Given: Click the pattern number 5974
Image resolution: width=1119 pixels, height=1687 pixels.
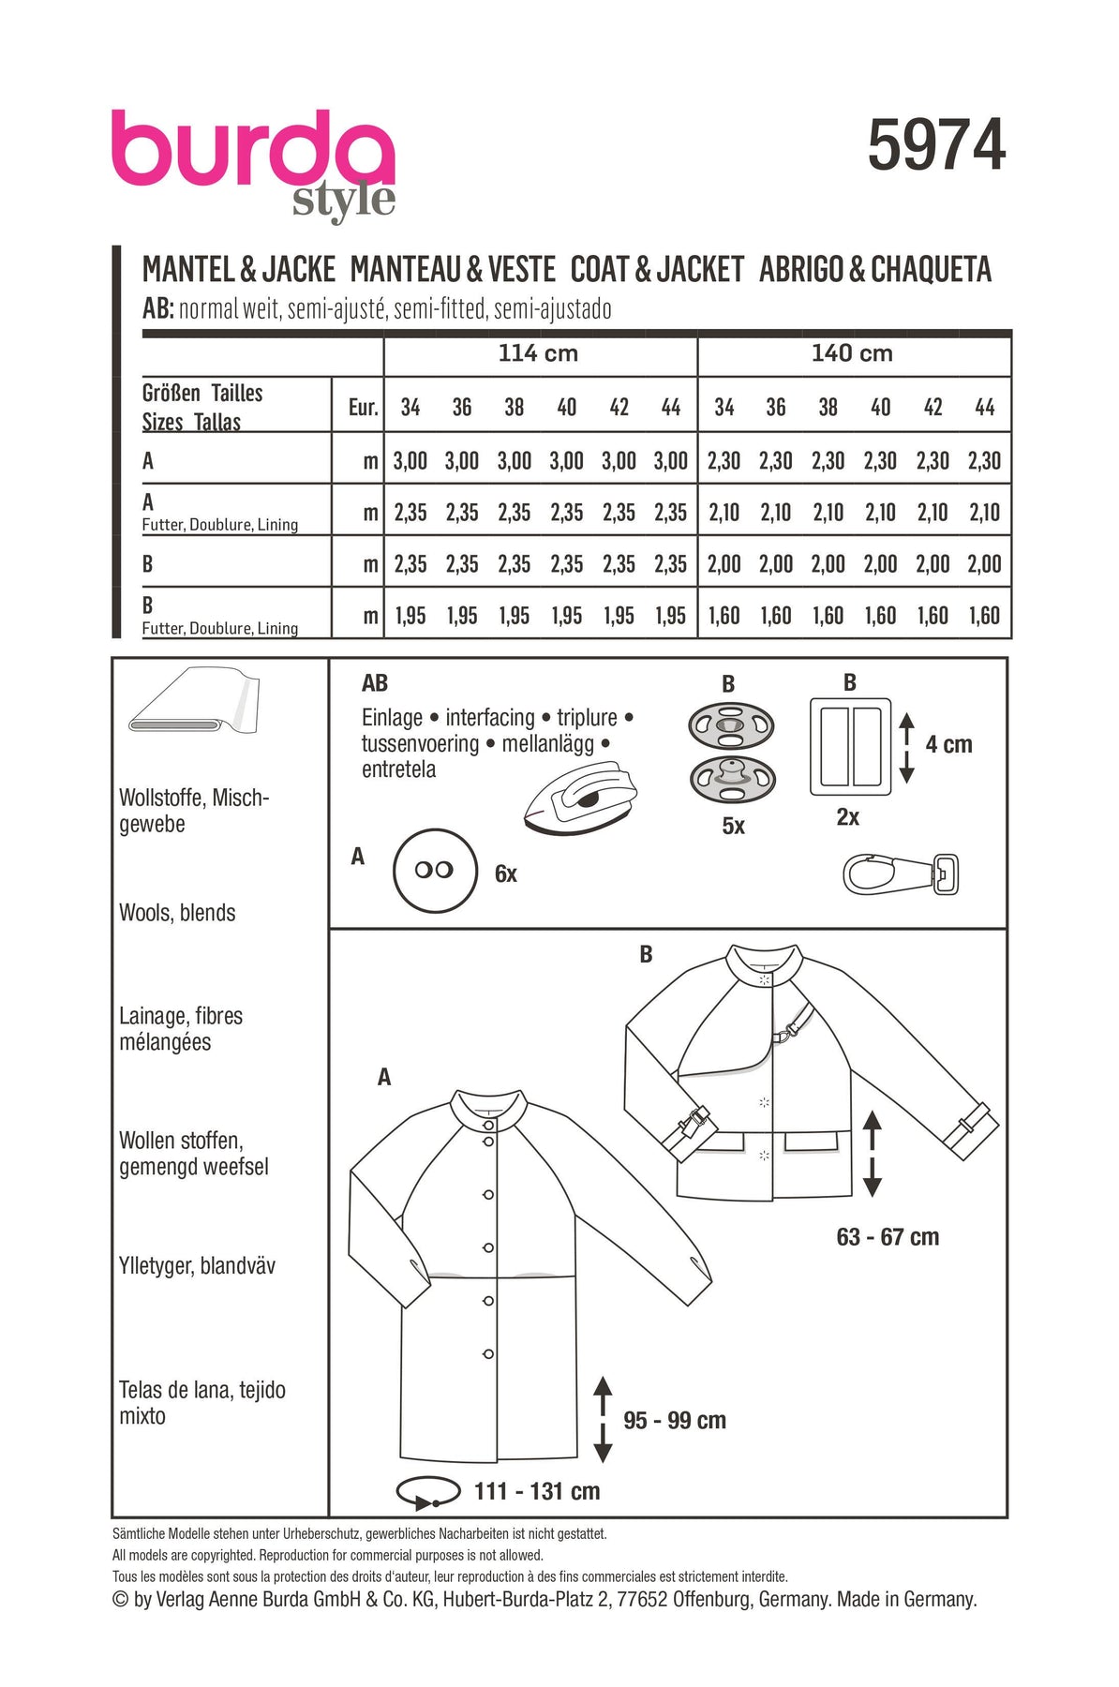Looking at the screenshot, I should point(936,145).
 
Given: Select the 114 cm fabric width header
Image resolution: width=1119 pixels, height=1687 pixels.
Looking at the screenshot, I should point(538,353).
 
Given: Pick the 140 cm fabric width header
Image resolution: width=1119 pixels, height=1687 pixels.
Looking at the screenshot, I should point(852,353).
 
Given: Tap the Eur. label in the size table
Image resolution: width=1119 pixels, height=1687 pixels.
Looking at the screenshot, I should point(363,408).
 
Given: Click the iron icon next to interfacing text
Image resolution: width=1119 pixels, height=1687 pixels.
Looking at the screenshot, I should point(581,796).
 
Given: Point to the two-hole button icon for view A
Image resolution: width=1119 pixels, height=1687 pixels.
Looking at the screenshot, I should point(435,870).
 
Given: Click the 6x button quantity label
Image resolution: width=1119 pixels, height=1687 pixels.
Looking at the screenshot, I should point(505,874).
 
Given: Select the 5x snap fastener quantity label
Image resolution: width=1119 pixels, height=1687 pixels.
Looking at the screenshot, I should point(733,826).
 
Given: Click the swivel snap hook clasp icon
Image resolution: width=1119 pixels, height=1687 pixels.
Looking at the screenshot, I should point(901,874).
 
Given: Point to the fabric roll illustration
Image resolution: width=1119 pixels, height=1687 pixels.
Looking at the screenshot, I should point(193,701).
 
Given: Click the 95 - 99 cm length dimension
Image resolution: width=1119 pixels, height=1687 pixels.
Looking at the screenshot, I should point(675,1421).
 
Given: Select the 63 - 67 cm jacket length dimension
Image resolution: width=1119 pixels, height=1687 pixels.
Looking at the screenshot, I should point(888,1237).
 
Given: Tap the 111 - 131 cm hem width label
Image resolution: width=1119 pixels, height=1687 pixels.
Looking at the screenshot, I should point(537,1491).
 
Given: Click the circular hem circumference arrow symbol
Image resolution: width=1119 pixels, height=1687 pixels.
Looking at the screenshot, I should point(428,1492).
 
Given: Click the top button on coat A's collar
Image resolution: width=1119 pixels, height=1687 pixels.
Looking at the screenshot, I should point(488,1125).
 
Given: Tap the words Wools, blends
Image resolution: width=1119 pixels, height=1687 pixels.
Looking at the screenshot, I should point(177,913).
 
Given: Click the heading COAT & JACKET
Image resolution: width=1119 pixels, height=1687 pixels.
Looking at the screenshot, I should point(657,270).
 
